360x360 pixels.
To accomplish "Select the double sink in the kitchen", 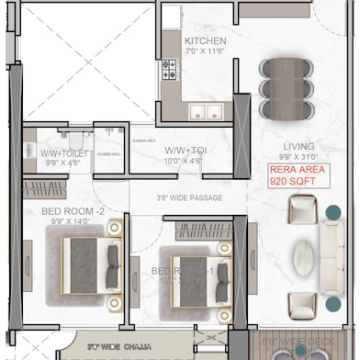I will pos(206,113).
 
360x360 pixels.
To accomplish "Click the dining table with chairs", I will pos(281,82).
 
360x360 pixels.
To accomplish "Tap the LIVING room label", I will pos(299,145).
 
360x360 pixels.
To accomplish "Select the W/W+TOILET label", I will pos(65,153).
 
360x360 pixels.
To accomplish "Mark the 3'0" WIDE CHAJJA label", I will pos(118,347).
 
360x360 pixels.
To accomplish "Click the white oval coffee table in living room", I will pos(303,259).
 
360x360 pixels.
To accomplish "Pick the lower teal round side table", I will pos(332,303).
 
